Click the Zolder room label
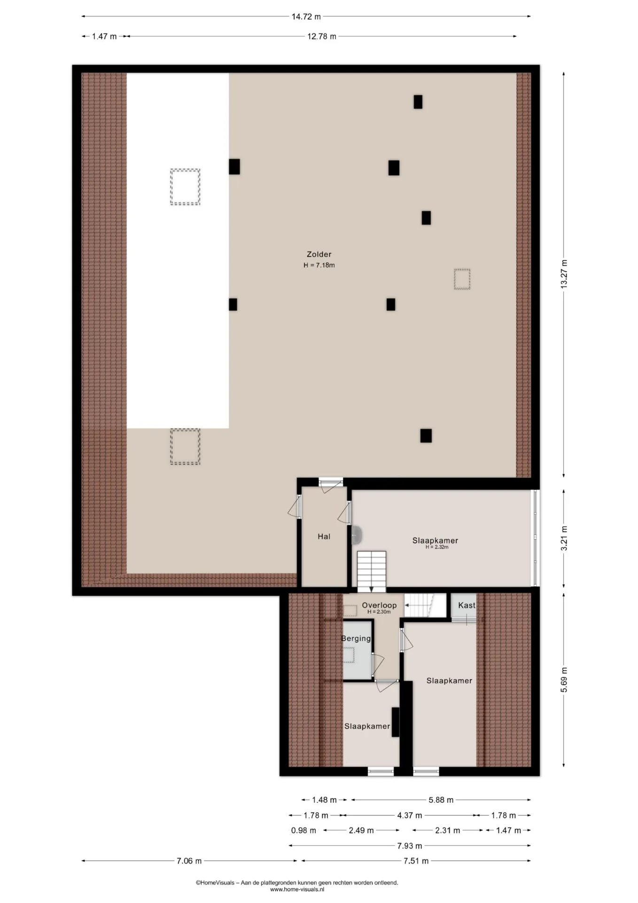[x=319, y=254]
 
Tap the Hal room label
[x=324, y=537]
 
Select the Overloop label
[x=379, y=605]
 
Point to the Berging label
[x=356, y=639]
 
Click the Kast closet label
[x=467, y=605]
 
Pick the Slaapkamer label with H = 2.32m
[x=435, y=541]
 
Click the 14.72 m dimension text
[x=306, y=16]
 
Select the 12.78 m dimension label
[x=322, y=36]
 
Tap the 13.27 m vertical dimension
[x=564, y=274]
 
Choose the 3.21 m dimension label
[x=564, y=539]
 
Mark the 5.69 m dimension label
[x=564, y=680]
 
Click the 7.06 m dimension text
[x=189, y=861]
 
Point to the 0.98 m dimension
[x=303, y=831]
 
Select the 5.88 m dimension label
[x=441, y=800]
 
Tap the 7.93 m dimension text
[x=409, y=846]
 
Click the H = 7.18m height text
[x=319, y=265]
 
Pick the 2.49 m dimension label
[x=361, y=831]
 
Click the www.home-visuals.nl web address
[x=297, y=889]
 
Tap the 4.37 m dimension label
[x=409, y=816]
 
